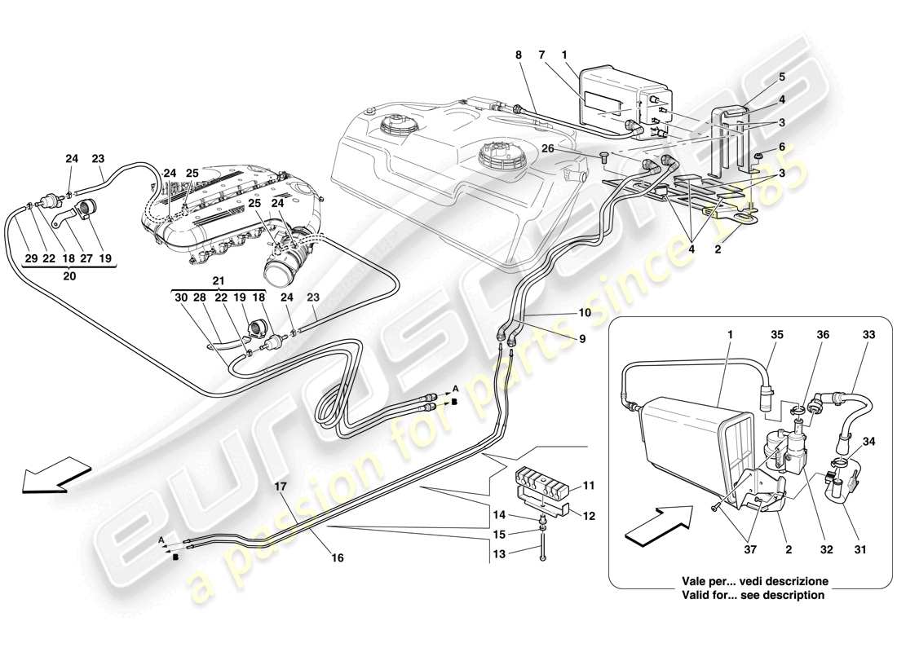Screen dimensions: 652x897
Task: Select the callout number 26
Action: (548, 148)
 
